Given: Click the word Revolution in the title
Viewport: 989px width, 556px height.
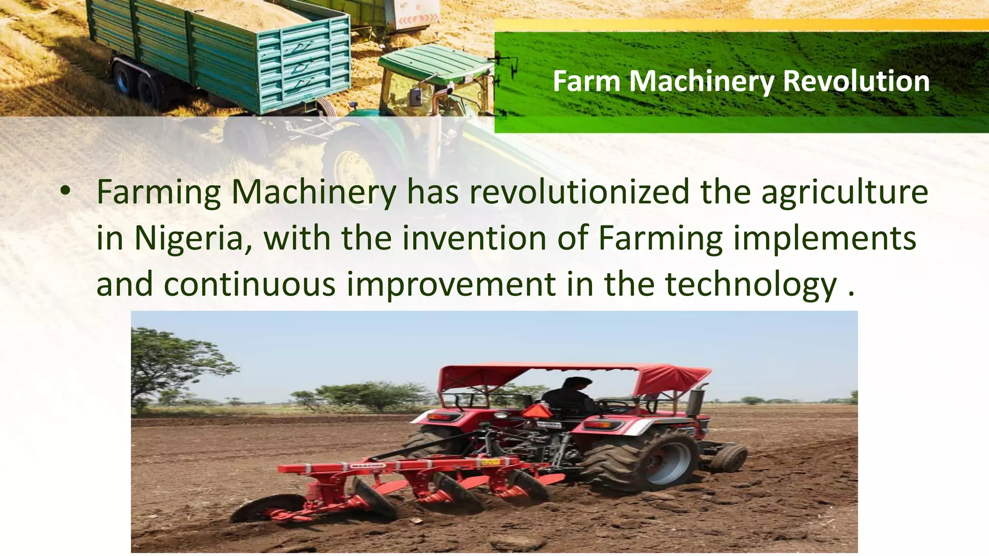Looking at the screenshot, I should click(856, 81).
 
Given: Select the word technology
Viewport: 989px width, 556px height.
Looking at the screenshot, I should click(752, 285).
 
